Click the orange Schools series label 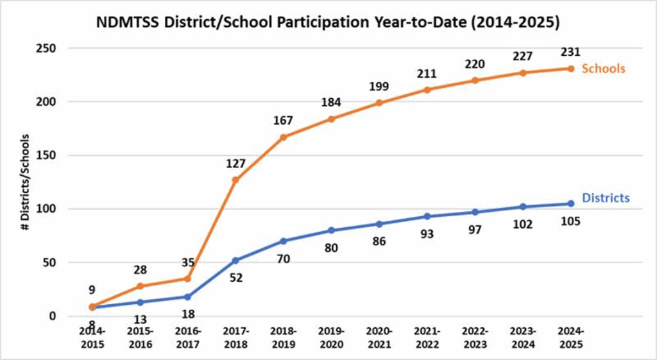pyautogui.click(x=603, y=69)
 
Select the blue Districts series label pyautogui.click(x=606, y=198)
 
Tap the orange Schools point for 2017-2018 pyautogui.click(x=235, y=180)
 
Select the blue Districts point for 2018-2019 pyautogui.click(x=283, y=241)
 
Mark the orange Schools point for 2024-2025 pyautogui.click(x=570, y=69)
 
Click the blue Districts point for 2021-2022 pyautogui.click(x=427, y=216)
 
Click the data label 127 pyautogui.click(x=236, y=164)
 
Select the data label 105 pyautogui.click(x=570, y=221)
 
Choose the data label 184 pyautogui.click(x=331, y=103)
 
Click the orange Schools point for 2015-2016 pyautogui.click(x=140, y=286)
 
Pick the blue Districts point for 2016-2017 pyautogui.click(x=187, y=296)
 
